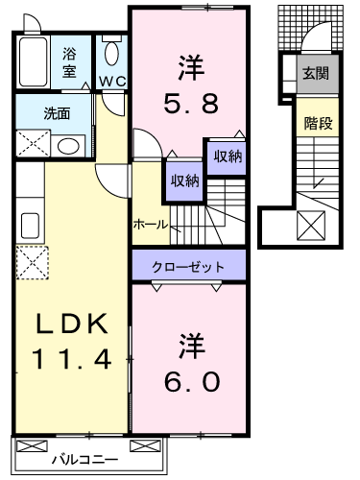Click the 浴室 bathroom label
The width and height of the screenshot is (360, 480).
[x=69, y=62]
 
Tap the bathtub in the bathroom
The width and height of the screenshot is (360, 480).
[x=33, y=61]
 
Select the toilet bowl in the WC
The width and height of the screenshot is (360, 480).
[x=111, y=53]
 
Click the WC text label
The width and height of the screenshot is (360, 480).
[x=112, y=82]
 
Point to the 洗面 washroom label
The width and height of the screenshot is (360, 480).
[x=57, y=113]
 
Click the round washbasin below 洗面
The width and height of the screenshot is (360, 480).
[x=68, y=146]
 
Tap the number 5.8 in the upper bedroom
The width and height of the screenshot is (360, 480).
[x=191, y=103]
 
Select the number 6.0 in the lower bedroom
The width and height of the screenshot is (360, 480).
[x=192, y=382]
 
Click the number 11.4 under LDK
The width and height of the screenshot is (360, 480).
[x=71, y=359]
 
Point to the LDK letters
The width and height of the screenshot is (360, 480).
[x=71, y=324]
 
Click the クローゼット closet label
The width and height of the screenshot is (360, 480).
[x=188, y=267]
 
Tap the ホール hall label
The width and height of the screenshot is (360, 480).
[x=151, y=225]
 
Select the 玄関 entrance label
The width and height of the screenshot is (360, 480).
[x=316, y=74]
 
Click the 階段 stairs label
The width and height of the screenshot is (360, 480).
[x=318, y=123]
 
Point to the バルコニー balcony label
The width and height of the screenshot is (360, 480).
[x=85, y=460]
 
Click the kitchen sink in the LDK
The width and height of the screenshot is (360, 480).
[x=30, y=226]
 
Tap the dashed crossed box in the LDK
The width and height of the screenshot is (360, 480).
[x=33, y=262]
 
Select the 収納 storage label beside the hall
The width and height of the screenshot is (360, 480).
[x=184, y=181]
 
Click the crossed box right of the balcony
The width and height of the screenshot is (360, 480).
[x=145, y=445]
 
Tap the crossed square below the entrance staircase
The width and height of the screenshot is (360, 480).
[x=311, y=226]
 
